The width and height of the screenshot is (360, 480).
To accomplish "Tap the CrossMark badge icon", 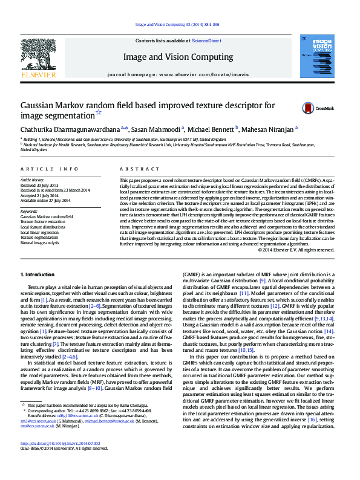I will [310, 108].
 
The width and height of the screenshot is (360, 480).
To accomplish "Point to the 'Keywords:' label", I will [31, 212].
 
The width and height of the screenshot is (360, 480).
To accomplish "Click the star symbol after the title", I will [99, 112].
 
